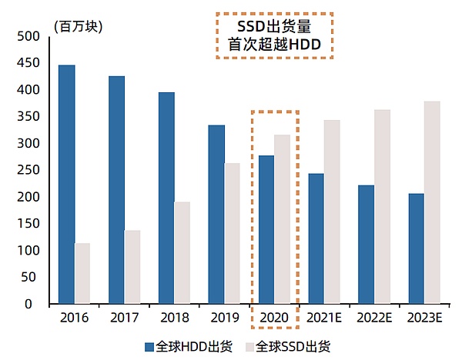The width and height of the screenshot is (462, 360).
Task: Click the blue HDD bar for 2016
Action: tap(67, 185)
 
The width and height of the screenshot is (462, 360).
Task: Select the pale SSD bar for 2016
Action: tap(82, 273)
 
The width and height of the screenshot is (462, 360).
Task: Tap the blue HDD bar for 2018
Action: tap(166, 198)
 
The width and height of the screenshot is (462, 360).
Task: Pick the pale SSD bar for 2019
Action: tap(232, 233)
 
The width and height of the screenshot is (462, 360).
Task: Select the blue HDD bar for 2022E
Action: tap(367, 244)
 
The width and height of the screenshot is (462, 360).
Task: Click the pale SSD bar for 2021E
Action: tap(332, 212)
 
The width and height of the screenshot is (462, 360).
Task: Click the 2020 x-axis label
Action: tap(274, 318)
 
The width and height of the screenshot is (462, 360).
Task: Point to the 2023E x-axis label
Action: tap(424, 318)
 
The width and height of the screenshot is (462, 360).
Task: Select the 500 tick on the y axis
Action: tap(28, 37)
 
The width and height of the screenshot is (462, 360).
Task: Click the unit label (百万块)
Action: tap(78, 24)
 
